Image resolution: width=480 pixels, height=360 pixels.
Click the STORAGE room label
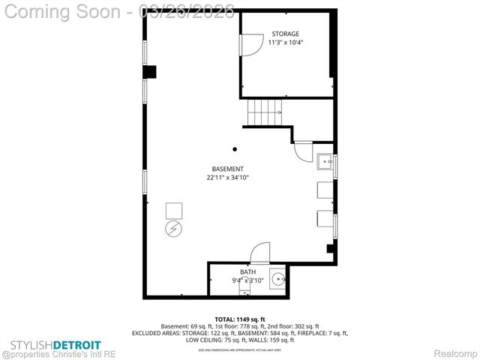[285, 34]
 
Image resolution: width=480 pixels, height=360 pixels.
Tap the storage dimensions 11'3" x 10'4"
[285, 43]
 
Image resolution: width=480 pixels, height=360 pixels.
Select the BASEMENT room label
[227, 169]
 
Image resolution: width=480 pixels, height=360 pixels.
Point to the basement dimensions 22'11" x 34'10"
[227, 178]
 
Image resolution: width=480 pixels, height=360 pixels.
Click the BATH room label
[247, 271]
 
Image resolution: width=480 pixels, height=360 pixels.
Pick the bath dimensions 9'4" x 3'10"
[247, 280]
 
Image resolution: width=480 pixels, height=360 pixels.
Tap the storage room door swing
[246, 45]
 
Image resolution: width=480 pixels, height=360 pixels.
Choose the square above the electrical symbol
[173, 209]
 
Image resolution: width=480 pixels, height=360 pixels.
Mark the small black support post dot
[235, 148]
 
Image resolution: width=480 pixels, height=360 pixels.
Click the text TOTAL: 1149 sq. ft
[239, 319]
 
